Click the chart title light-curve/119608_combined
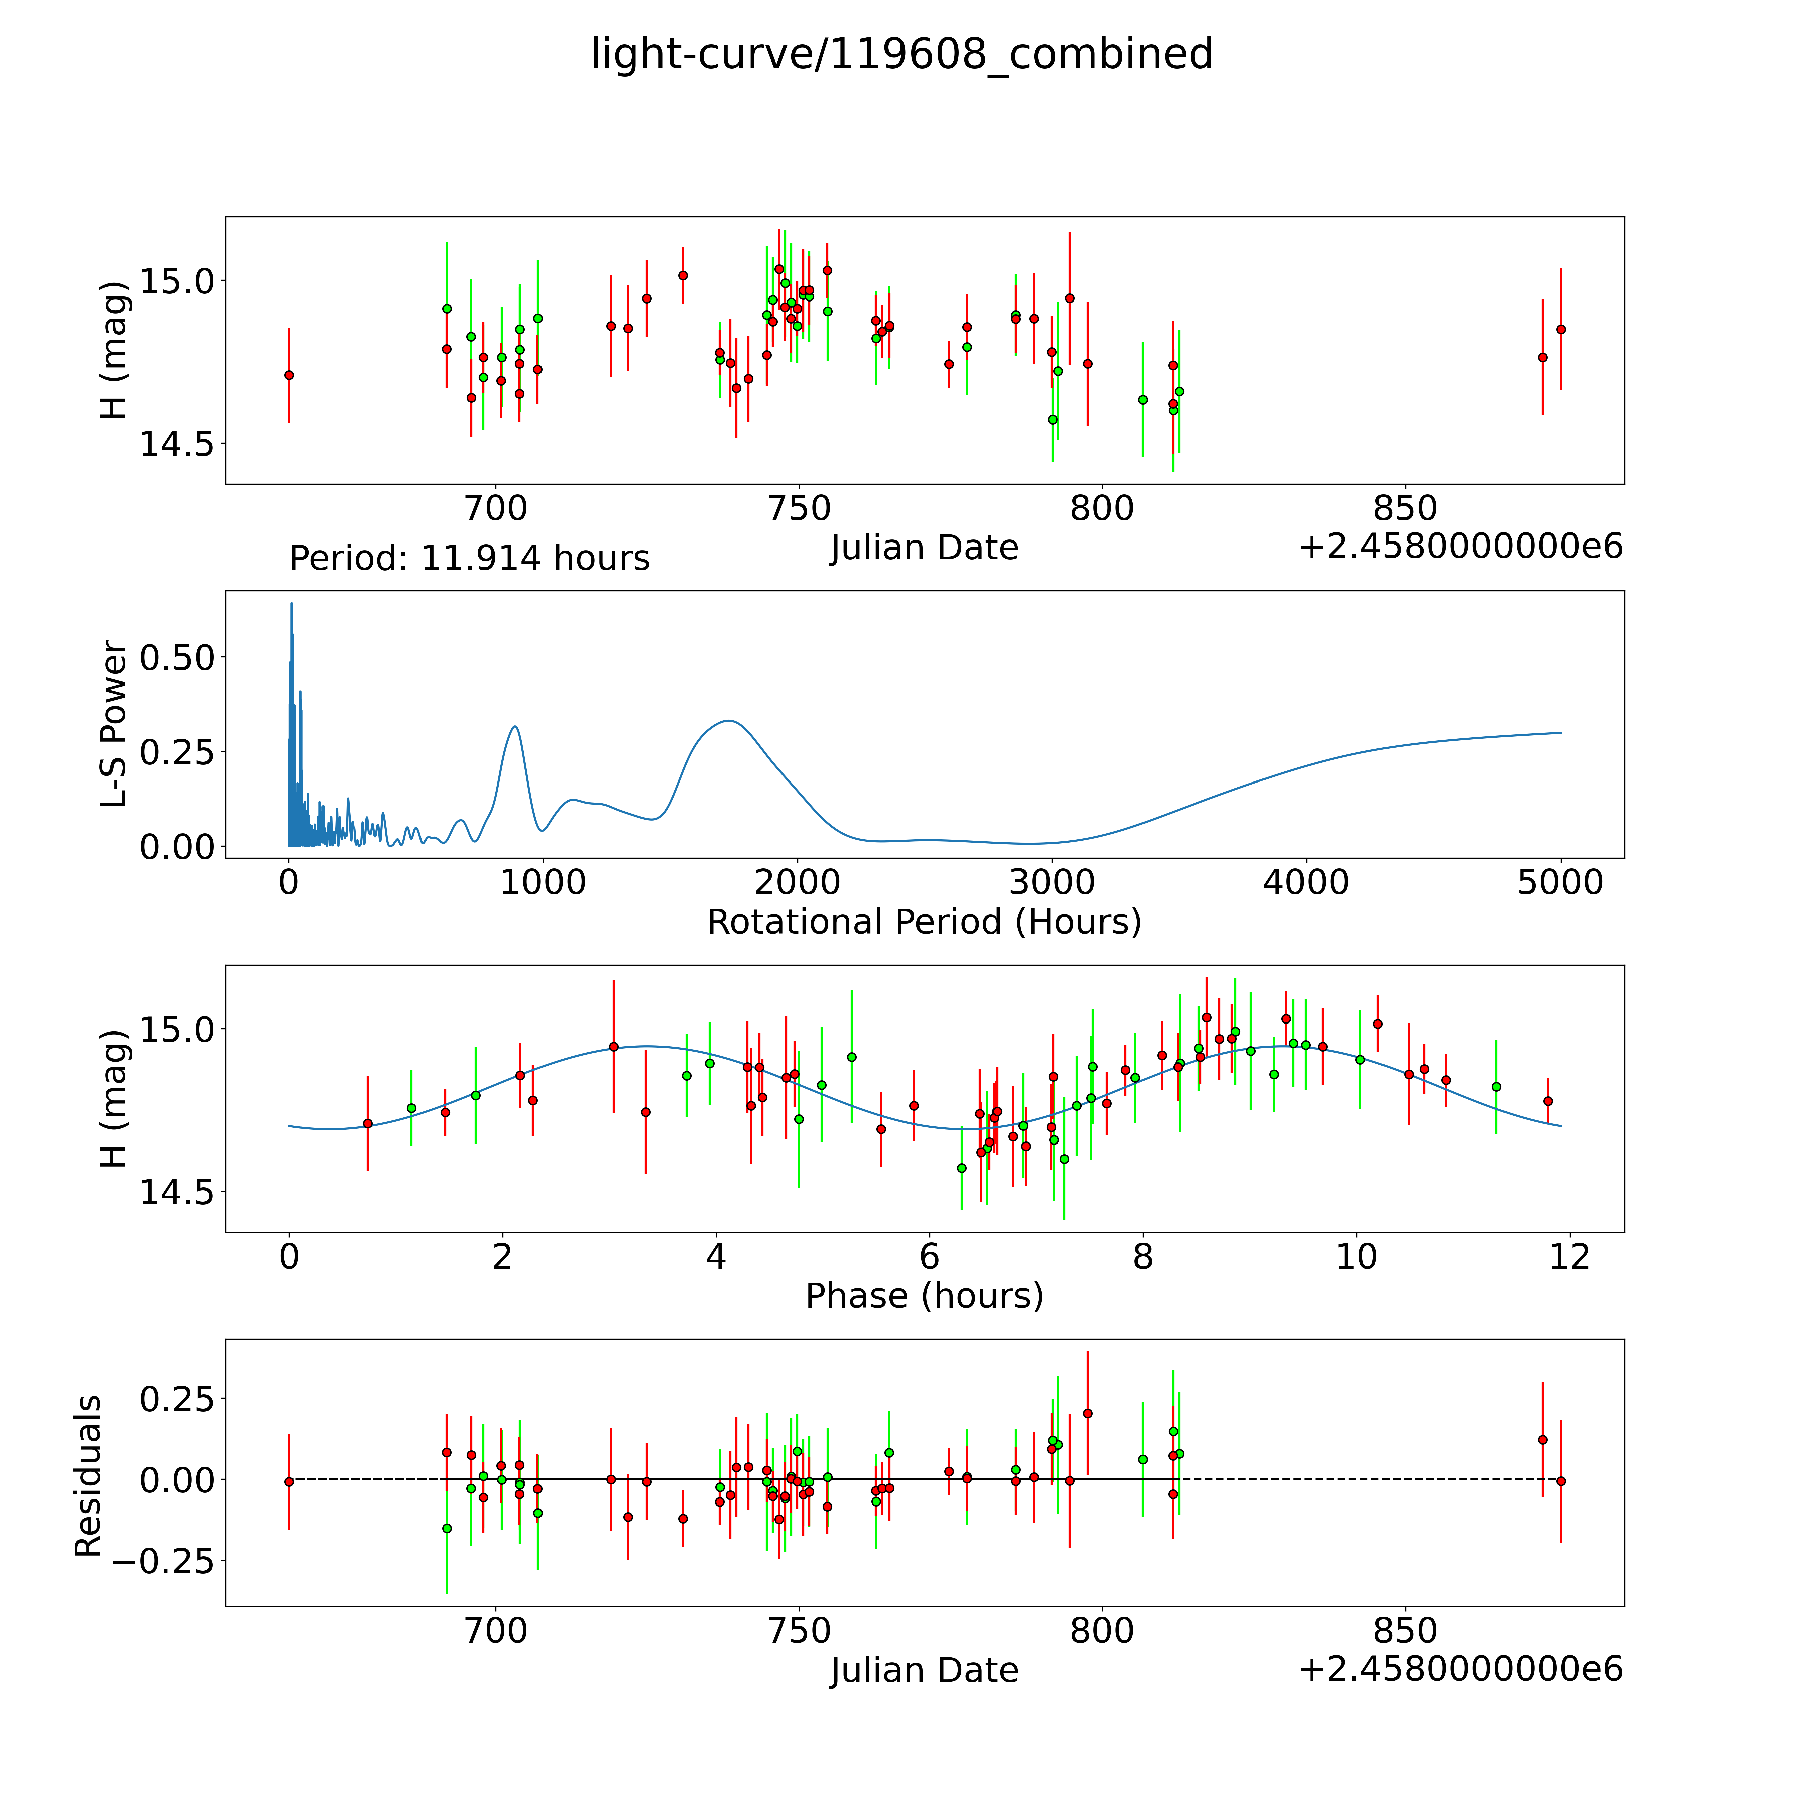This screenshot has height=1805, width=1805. point(901,54)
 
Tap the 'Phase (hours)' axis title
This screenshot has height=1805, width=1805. point(924,1296)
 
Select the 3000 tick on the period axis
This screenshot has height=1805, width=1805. point(1052,882)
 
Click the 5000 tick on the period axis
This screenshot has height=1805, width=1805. point(1560,882)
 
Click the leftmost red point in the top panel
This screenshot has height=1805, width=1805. point(289,375)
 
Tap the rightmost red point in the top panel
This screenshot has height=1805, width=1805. point(1560,329)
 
